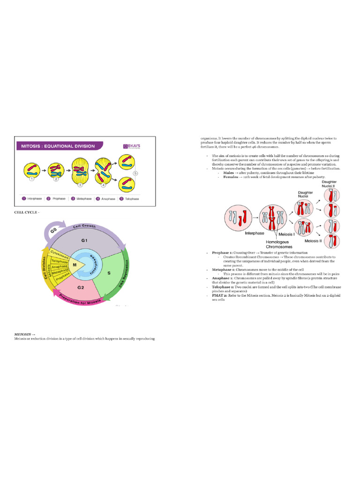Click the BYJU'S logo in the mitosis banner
tap(134, 146)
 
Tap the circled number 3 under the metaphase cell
tap(80, 185)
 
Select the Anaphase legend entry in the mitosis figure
tap(106, 199)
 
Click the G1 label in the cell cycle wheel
tap(85, 240)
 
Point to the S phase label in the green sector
tap(109, 272)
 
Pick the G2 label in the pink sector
tap(81, 287)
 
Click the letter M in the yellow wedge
tap(74, 265)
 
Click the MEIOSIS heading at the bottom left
tap(26, 334)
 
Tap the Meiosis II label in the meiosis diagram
tap(313, 241)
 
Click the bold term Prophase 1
tap(222, 253)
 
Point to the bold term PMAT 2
tap(220, 295)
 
